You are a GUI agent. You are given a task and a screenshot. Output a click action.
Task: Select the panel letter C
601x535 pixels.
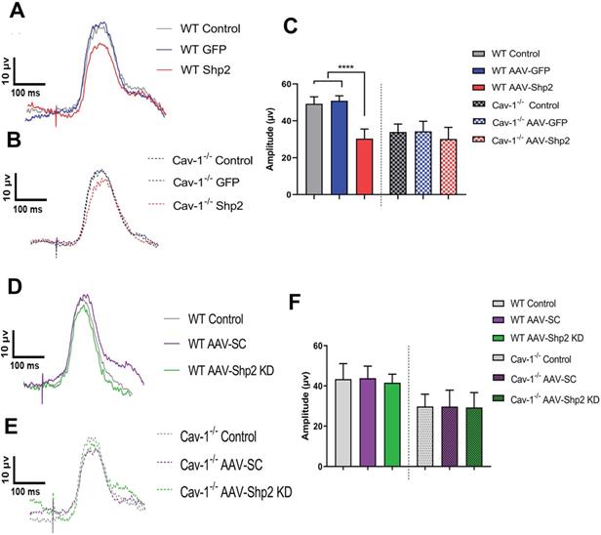290,26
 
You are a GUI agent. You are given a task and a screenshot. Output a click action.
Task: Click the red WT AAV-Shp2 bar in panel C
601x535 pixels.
362,167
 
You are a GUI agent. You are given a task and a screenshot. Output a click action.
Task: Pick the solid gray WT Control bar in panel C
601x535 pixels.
313,148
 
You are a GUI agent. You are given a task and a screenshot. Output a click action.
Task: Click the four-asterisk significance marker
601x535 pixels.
343,66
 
